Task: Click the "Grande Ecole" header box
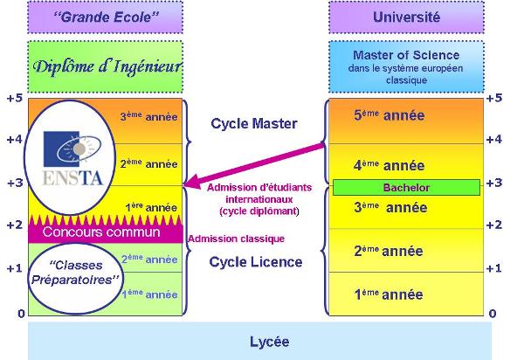[105, 17]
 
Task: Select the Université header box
[406, 17]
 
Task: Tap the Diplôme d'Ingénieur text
[107, 66]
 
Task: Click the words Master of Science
[406, 55]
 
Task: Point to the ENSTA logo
[72, 158]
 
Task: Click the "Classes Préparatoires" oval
[75, 279]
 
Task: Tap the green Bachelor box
[406, 187]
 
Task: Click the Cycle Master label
[254, 123]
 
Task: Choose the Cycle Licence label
[256, 262]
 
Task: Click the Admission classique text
[236, 239]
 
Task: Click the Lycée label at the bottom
[270, 342]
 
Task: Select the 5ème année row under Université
[406, 121]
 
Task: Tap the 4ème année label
[390, 166]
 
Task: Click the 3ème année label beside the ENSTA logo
[148, 116]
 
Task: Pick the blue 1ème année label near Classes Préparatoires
[149, 294]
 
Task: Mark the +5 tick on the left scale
[15, 98]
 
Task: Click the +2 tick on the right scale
[494, 225]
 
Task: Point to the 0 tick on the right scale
[493, 314]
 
